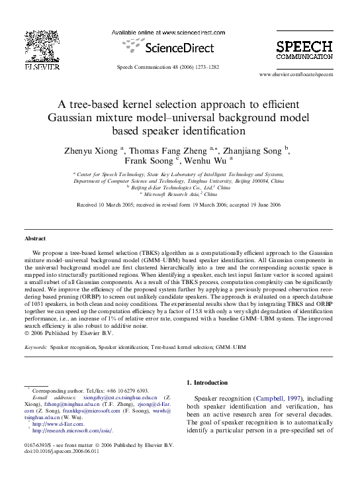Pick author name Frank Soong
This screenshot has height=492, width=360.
click(149, 160)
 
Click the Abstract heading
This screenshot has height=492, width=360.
click(35, 238)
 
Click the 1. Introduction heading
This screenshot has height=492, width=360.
click(210, 383)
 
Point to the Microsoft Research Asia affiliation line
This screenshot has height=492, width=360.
click(179, 195)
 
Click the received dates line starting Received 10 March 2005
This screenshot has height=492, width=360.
click(179, 205)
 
